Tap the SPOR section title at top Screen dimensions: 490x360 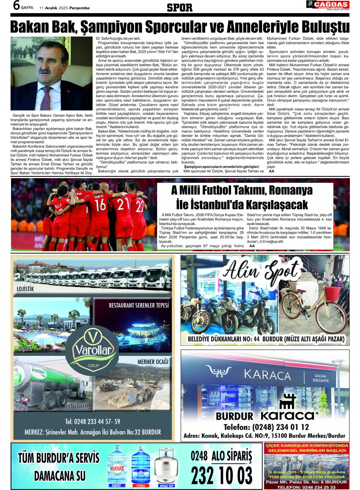tap(180, 7)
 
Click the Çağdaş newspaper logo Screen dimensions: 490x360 tap(327, 5)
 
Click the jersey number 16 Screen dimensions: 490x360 tap(100, 205)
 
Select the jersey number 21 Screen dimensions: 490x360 tap(124, 204)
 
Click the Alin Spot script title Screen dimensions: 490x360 tap(262, 271)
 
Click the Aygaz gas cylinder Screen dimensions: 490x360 tap(166, 465)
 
